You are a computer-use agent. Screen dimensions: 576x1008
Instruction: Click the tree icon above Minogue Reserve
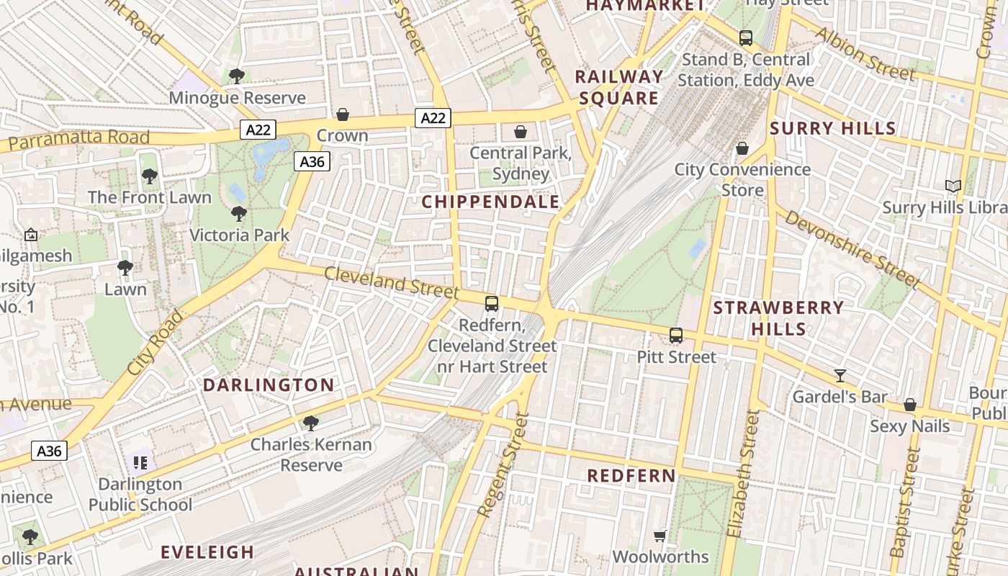click(236, 76)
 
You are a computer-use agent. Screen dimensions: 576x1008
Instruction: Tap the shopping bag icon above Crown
click(343, 114)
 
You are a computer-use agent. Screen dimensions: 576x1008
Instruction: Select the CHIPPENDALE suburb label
click(490, 202)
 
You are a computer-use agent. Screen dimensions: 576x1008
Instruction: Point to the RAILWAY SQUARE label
click(619, 87)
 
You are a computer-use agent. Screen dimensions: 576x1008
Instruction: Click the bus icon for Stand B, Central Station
click(746, 38)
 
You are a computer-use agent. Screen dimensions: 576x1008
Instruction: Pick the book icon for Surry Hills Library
click(953, 186)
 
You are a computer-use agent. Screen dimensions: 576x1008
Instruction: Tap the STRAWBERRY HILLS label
click(778, 318)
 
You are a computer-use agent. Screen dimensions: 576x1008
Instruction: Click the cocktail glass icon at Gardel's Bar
click(840, 375)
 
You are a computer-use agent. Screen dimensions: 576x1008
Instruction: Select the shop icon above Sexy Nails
click(910, 405)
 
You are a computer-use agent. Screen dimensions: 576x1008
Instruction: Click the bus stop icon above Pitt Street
click(676, 335)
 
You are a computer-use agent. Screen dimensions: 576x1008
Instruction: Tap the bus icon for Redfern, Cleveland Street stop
click(492, 304)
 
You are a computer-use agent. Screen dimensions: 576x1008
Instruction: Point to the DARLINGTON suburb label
click(269, 385)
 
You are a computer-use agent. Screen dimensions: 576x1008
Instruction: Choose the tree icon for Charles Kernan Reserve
click(311, 423)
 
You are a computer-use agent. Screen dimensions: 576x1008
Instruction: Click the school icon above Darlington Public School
click(140, 462)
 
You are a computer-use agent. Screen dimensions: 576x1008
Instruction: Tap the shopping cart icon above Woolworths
click(660, 536)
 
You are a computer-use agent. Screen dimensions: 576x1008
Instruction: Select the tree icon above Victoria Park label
click(239, 214)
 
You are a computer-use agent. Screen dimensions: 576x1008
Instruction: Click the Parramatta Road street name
click(79, 139)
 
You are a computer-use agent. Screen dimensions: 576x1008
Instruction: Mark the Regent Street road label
click(503, 464)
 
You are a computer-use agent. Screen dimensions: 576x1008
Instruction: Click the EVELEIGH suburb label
click(207, 552)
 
